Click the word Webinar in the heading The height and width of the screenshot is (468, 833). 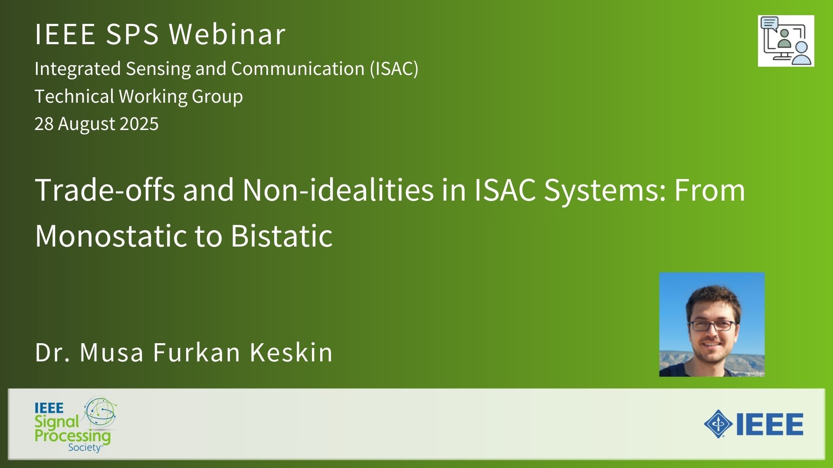point(227,34)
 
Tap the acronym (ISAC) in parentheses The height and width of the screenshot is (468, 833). point(394,68)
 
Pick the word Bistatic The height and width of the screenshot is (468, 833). point(282,236)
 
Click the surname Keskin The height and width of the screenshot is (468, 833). point(291,352)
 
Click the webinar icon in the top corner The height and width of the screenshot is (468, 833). point(786,41)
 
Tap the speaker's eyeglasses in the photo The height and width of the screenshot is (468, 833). point(712,325)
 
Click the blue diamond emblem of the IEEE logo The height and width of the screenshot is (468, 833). point(718,424)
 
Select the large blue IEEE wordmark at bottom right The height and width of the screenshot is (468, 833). point(770,424)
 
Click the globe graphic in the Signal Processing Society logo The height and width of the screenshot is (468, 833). point(101,413)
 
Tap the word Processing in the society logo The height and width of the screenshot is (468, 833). point(72,435)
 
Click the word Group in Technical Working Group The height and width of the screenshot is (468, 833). point(217,97)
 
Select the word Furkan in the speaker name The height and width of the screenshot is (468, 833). point(197,352)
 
